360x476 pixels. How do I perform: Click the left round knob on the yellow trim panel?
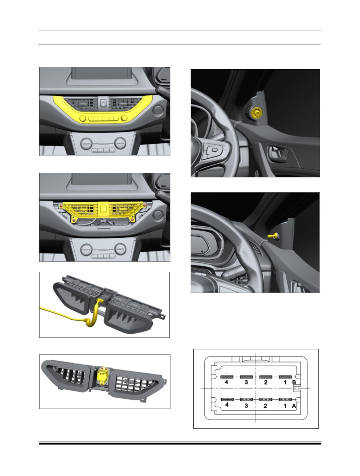click(x=83, y=118)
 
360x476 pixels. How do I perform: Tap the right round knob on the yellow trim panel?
click(x=124, y=118)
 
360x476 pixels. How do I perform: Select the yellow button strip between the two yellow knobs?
click(x=103, y=118)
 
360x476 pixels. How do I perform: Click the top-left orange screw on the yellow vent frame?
click(x=61, y=206)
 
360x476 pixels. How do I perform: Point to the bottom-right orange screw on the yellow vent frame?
click(x=132, y=220)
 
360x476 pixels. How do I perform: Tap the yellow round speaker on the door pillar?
click(x=257, y=112)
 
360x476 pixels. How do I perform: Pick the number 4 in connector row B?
click(x=227, y=382)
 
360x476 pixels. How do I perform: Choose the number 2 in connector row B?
click(x=266, y=382)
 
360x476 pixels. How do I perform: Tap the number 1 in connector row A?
click(x=285, y=406)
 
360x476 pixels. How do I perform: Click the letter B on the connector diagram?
click(x=294, y=382)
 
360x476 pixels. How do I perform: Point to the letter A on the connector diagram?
click(x=294, y=406)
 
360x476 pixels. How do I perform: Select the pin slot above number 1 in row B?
click(x=285, y=377)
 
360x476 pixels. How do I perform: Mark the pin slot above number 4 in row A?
click(x=227, y=399)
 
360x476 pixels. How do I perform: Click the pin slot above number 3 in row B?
click(x=246, y=377)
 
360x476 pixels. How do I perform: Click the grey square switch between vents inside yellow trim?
click(x=103, y=103)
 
